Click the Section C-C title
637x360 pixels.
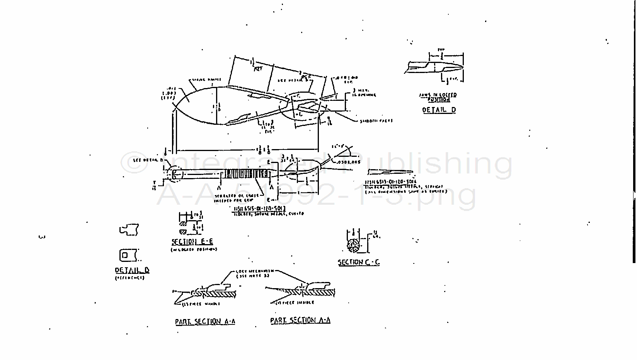point(359,262)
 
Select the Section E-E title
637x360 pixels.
point(192,242)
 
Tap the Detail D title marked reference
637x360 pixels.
point(132,270)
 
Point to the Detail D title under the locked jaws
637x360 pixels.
point(439,110)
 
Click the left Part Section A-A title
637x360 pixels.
point(205,321)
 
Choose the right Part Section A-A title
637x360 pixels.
point(300,320)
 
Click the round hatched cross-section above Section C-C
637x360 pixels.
point(354,246)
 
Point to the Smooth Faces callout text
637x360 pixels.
point(376,121)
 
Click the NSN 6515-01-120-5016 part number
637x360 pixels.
point(390,182)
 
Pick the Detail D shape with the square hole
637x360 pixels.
point(128,255)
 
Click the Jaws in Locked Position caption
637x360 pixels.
point(438,97)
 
